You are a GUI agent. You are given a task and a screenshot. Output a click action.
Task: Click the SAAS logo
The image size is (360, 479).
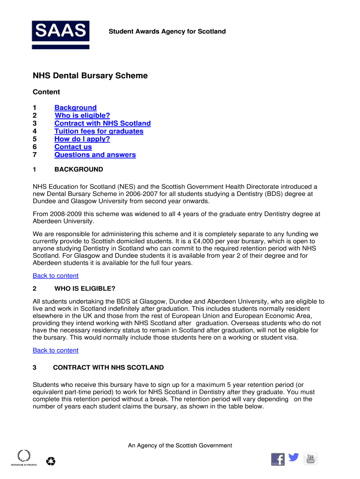(60, 35)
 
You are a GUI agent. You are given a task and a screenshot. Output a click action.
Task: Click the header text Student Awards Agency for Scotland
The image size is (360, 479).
(167, 32)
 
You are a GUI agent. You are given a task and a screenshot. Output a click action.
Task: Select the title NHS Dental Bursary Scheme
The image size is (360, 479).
(90, 76)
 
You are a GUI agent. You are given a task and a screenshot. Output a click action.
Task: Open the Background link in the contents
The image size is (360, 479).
(75, 108)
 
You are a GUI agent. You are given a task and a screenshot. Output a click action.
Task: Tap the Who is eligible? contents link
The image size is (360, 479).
(82, 116)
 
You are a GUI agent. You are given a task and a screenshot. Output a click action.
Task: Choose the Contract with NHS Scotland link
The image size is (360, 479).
(102, 123)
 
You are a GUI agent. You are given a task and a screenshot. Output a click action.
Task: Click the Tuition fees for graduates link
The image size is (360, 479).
(99, 131)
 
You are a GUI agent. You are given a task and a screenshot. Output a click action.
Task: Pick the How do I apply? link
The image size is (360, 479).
(82, 139)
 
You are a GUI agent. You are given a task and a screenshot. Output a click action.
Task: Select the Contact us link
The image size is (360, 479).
(73, 147)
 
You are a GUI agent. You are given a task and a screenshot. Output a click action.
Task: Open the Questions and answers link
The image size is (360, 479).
(95, 155)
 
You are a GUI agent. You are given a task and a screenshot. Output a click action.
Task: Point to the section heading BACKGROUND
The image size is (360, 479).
(79, 169)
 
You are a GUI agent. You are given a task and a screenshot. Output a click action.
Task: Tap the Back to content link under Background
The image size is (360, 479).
(56, 276)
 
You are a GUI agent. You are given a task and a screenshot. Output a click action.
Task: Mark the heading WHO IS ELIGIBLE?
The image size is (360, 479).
(85, 288)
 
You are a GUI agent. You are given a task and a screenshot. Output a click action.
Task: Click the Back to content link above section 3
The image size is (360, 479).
(56, 350)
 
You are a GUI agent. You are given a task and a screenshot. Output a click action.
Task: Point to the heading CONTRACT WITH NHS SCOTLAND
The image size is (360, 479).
(108, 368)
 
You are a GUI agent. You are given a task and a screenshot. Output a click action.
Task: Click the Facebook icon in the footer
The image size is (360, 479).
(278, 459)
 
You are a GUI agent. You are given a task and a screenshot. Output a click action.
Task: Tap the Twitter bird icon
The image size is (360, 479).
(294, 457)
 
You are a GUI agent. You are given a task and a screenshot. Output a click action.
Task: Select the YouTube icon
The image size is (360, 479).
(310, 458)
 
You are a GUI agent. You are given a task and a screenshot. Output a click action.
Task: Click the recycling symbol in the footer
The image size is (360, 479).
(50, 462)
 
